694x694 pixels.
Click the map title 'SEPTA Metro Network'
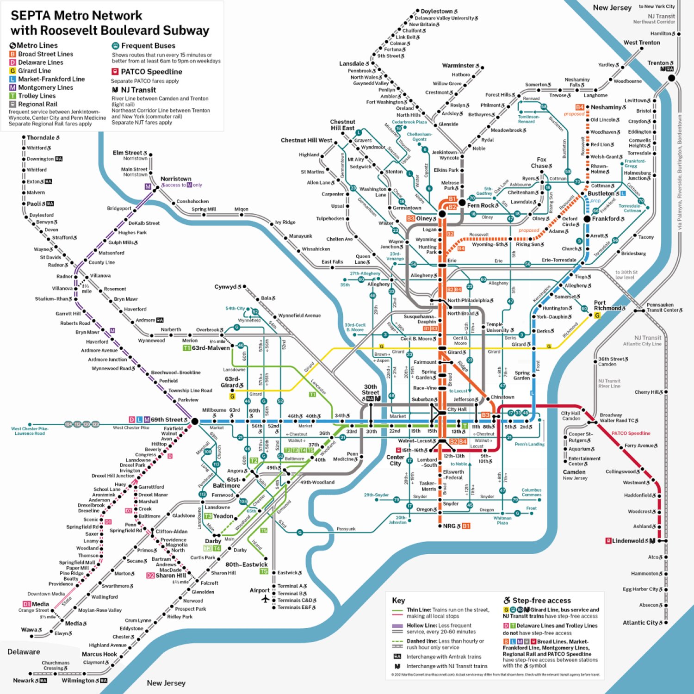[x=76, y=15]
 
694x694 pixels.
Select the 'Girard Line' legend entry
[x=34, y=71]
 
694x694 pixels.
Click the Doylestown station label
[x=436, y=11]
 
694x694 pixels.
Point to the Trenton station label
[x=658, y=63]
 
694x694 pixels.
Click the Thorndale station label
[x=41, y=137]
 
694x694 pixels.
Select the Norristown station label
[x=176, y=179]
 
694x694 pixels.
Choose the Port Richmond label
[x=607, y=305]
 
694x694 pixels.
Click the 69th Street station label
[x=166, y=420]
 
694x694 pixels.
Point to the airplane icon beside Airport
[x=266, y=599]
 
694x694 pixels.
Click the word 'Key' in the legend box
[x=398, y=601]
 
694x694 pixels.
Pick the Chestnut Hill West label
[x=306, y=140]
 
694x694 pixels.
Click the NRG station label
[x=449, y=526]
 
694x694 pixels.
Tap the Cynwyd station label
[x=225, y=287]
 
